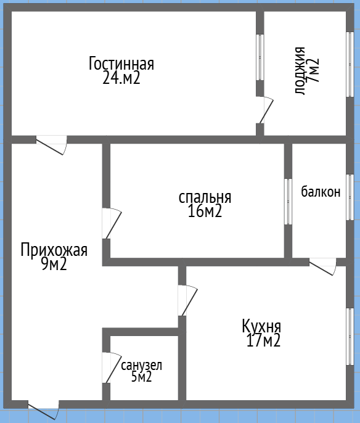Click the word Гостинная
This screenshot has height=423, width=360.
(x=121, y=64)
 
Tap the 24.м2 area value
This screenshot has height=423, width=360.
(x=121, y=78)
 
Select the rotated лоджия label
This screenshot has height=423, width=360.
(x=300, y=70)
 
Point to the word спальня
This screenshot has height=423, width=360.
(x=205, y=197)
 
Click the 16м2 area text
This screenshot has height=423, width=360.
(x=205, y=212)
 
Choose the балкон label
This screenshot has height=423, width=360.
(x=321, y=192)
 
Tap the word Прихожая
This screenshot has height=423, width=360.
(x=54, y=250)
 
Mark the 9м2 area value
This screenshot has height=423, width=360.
(x=54, y=265)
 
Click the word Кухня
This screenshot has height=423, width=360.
(x=261, y=326)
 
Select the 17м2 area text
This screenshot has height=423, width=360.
(x=261, y=340)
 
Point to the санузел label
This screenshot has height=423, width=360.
(x=141, y=365)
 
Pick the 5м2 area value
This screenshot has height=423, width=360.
(x=141, y=377)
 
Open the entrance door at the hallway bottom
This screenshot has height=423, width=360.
(x=44, y=409)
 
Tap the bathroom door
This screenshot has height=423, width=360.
(x=111, y=368)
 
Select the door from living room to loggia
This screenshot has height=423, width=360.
(x=265, y=110)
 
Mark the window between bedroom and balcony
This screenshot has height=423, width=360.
(x=288, y=201)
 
